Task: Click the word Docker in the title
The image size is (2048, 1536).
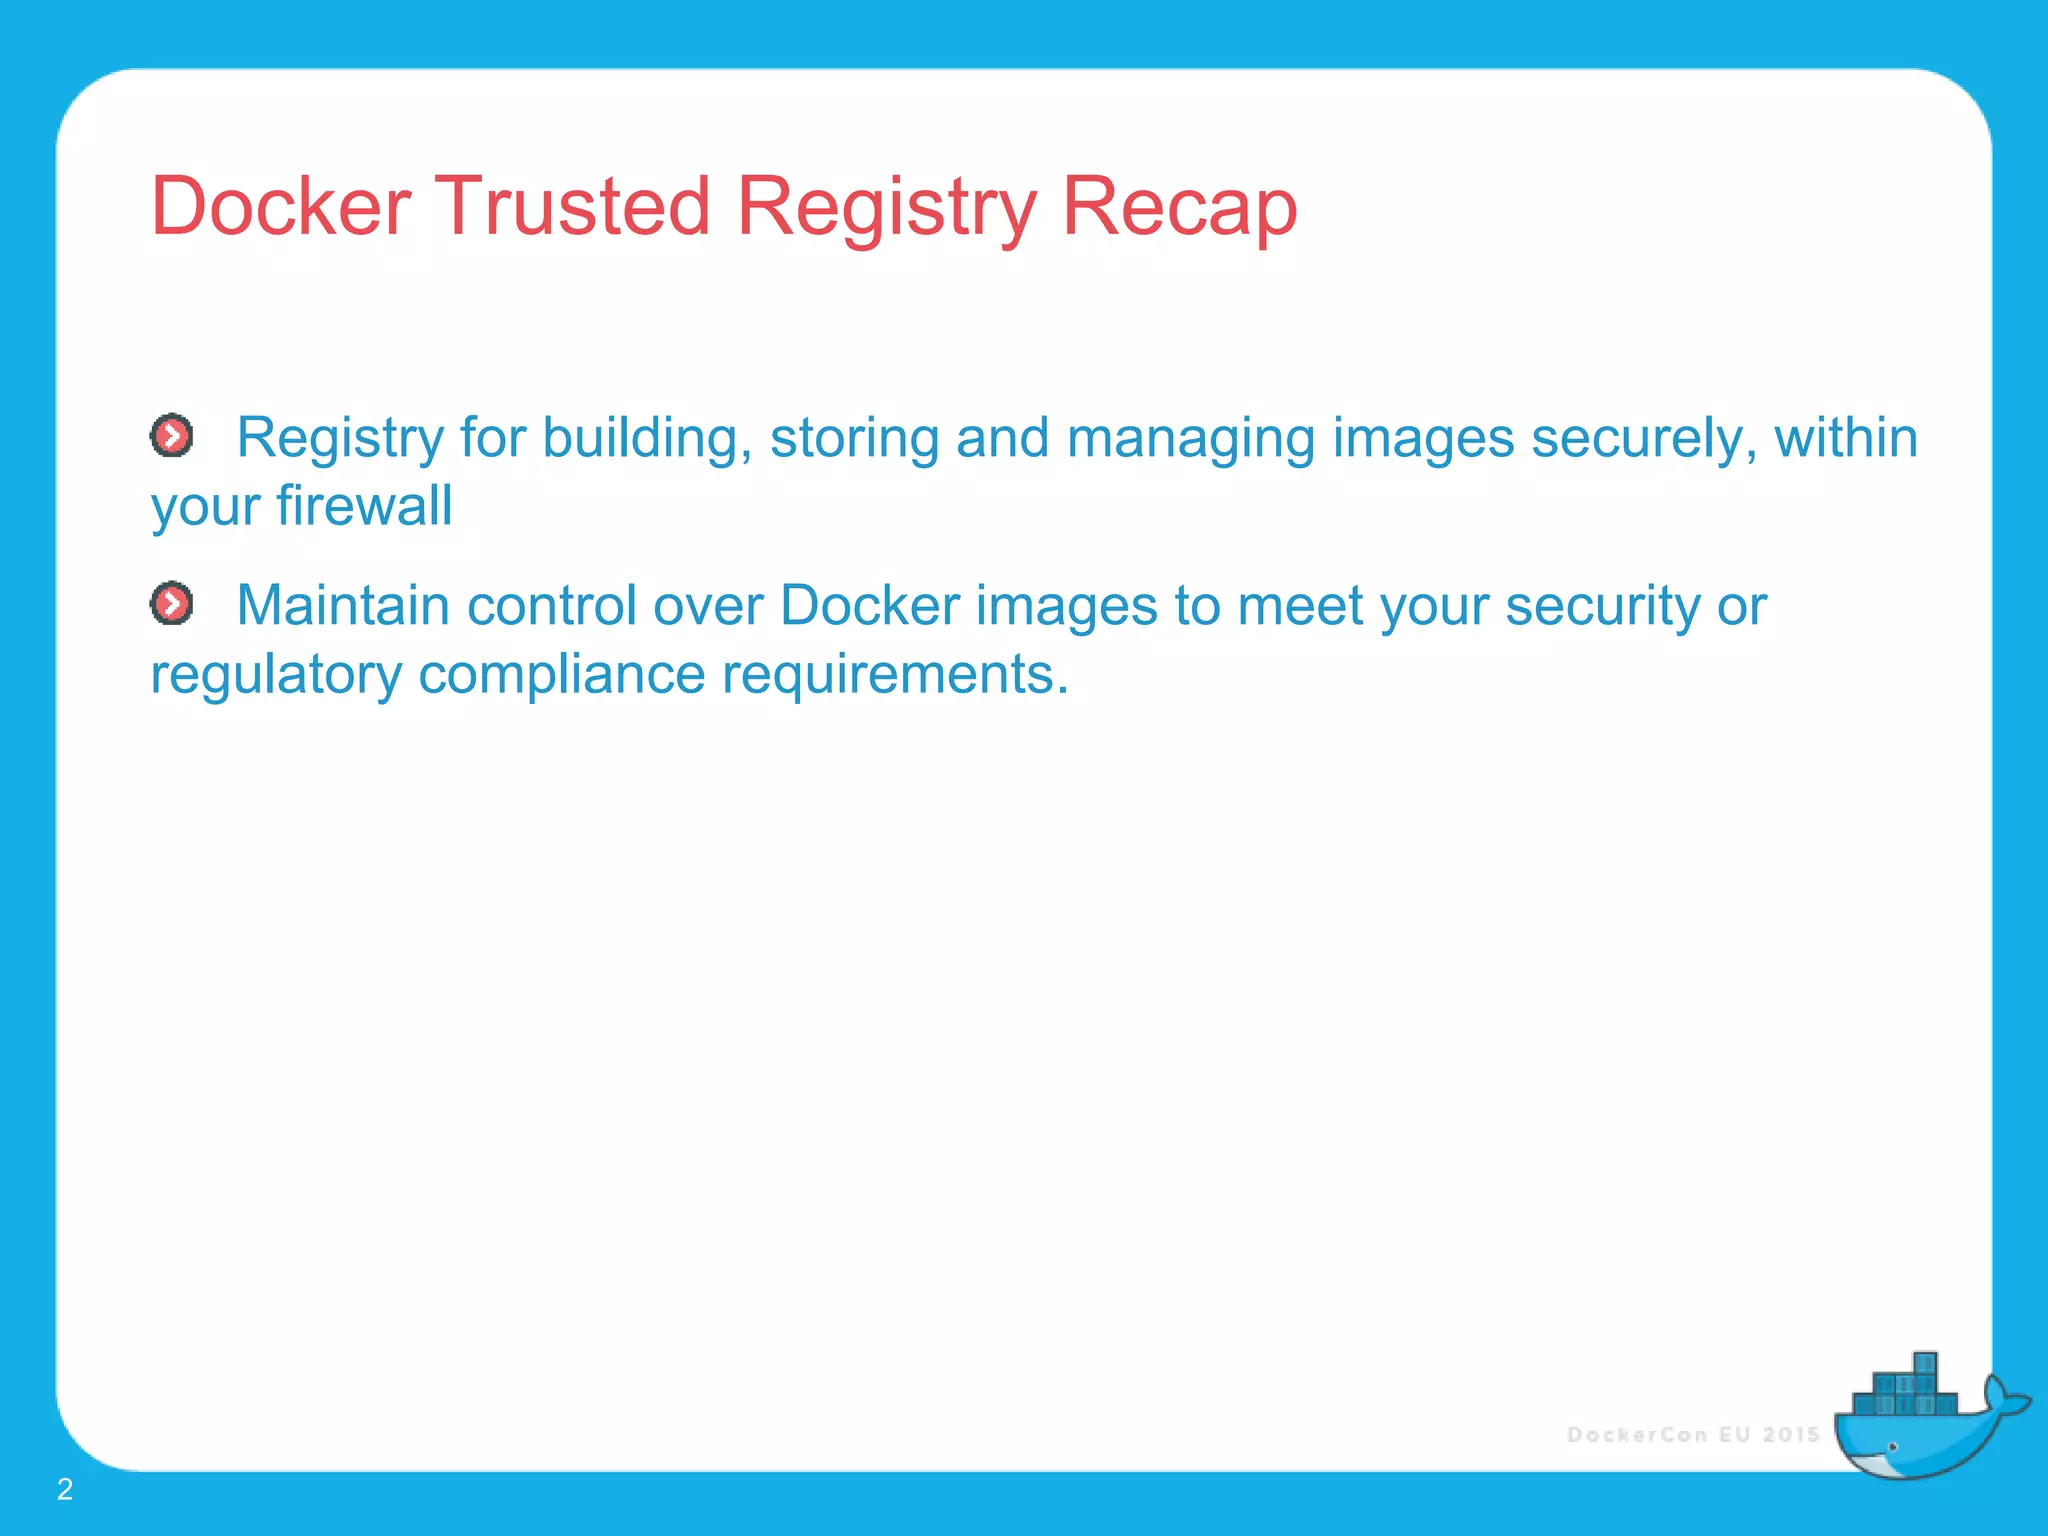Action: point(280,207)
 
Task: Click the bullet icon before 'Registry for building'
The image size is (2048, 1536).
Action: point(172,436)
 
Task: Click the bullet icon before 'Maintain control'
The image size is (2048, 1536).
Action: point(172,604)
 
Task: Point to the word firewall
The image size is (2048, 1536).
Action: point(364,505)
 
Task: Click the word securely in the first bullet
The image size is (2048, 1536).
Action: point(1643,439)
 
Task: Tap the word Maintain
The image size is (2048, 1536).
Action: point(342,605)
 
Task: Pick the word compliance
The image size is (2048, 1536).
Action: point(561,675)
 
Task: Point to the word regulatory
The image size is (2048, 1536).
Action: point(275,675)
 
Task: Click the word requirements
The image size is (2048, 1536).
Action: point(894,675)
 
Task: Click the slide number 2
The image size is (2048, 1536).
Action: point(65,1489)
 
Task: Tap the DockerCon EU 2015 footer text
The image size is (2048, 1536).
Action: point(1693,1435)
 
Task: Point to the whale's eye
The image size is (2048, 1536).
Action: point(1892,1447)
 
